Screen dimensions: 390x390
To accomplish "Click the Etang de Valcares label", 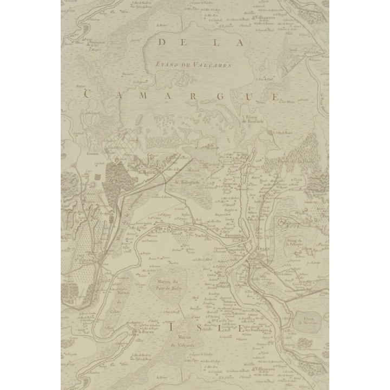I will tap(193, 64).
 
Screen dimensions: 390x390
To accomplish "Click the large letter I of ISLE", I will tap(171, 327).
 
